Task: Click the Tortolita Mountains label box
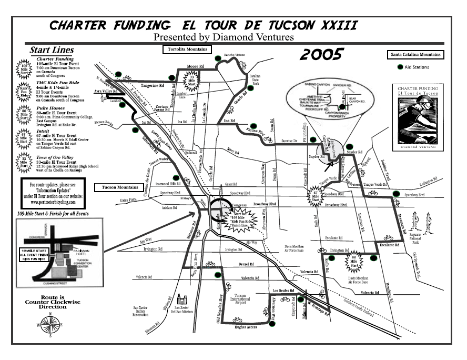click(x=185, y=49)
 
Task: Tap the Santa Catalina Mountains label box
click(x=415, y=54)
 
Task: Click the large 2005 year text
click(x=322, y=53)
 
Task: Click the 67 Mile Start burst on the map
click(x=316, y=195)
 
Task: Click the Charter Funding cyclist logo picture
click(x=419, y=119)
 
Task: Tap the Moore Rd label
click(x=196, y=67)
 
